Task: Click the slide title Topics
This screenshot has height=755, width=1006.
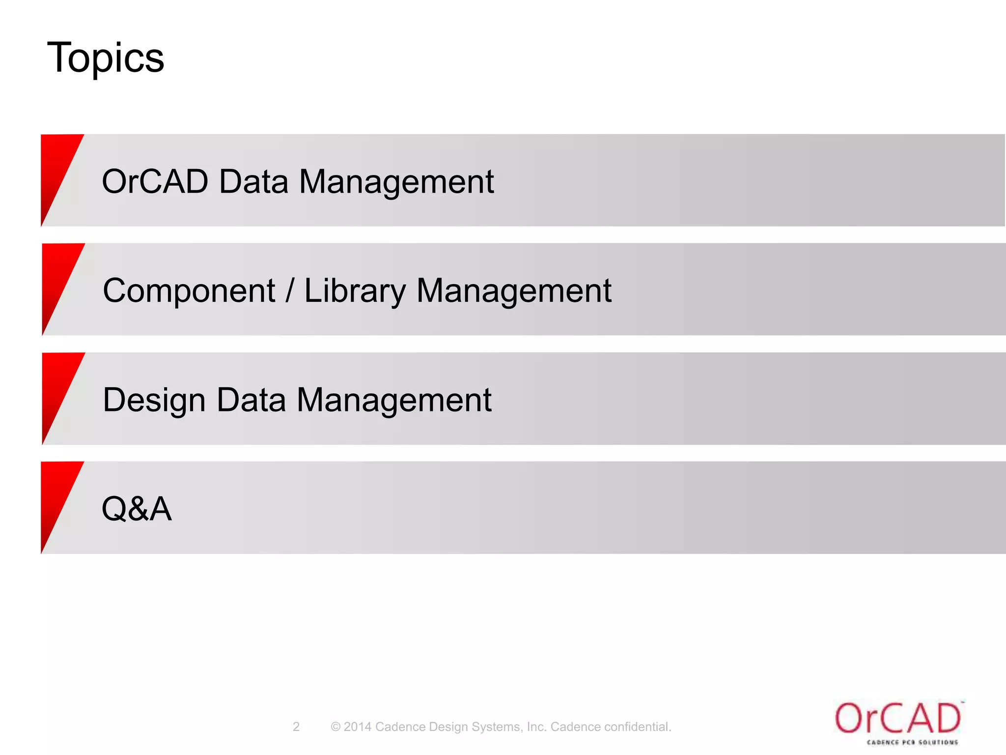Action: (105, 58)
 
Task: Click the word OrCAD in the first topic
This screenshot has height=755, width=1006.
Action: (155, 181)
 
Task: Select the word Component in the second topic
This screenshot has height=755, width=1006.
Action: (189, 290)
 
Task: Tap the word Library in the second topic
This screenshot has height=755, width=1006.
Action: (355, 290)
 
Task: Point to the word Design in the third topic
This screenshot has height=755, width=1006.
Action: (154, 400)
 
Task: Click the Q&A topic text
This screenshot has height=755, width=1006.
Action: (137, 509)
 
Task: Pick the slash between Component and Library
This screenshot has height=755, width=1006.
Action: (290, 290)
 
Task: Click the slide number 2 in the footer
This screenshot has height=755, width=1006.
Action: (296, 727)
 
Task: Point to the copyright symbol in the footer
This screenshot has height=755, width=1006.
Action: (335, 727)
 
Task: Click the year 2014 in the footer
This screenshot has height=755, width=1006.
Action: (357, 727)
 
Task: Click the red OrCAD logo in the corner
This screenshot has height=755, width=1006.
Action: (897, 718)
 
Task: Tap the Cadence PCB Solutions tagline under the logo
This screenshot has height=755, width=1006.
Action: (912, 742)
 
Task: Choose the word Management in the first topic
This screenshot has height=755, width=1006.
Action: (396, 181)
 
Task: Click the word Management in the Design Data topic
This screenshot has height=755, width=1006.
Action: (394, 400)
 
